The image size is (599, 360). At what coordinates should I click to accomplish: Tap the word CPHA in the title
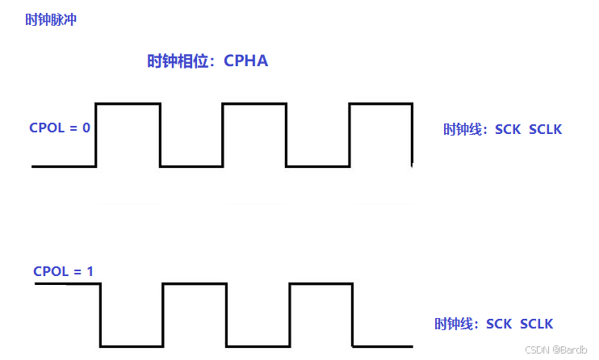[246, 61]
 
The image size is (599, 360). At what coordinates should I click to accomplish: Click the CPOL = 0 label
[60, 128]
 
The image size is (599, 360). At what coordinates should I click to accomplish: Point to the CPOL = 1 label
[64, 271]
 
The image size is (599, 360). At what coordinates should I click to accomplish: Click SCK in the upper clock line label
[508, 129]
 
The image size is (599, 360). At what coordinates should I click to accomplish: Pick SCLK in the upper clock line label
[546, 129]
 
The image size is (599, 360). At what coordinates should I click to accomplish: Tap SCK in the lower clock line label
[498, 324]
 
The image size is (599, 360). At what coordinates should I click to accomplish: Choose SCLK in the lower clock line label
[537, 324]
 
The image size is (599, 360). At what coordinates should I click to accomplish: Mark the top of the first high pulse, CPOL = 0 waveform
[128, 103]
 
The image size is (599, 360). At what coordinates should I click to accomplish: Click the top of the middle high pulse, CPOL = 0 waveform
[254, 103]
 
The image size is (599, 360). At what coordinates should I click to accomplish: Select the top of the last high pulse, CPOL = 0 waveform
[381, 103]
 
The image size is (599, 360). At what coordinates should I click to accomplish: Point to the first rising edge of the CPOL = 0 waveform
[96, 135]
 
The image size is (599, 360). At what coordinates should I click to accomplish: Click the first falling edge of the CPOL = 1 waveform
[100, 315]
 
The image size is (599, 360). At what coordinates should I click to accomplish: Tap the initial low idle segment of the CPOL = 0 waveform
[64, 166]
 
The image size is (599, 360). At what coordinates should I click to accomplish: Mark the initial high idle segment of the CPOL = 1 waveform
[67, 283]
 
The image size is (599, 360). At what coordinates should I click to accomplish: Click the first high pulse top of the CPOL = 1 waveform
[194, 283]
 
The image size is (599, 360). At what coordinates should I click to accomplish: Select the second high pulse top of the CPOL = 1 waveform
[320, 283]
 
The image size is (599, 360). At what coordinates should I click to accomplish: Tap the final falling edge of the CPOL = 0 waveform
[413, 135]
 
